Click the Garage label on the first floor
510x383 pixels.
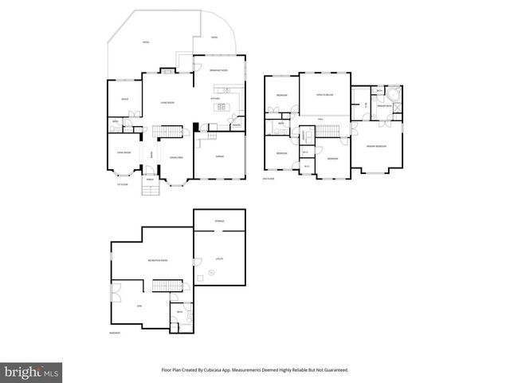tap(218, 156)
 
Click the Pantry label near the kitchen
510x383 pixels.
tap(236, 124)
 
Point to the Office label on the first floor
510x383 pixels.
tap(124, 99)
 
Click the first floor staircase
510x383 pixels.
tap(168, 131)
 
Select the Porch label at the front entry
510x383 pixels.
tap(149, 180)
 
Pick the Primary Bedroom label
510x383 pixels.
tap(376, 146)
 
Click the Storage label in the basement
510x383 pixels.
tap(219, 221)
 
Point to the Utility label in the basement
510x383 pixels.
tap(219, 259)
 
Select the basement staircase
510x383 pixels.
tap(165, 286)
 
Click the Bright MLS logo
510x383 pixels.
tap(33, 371)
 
